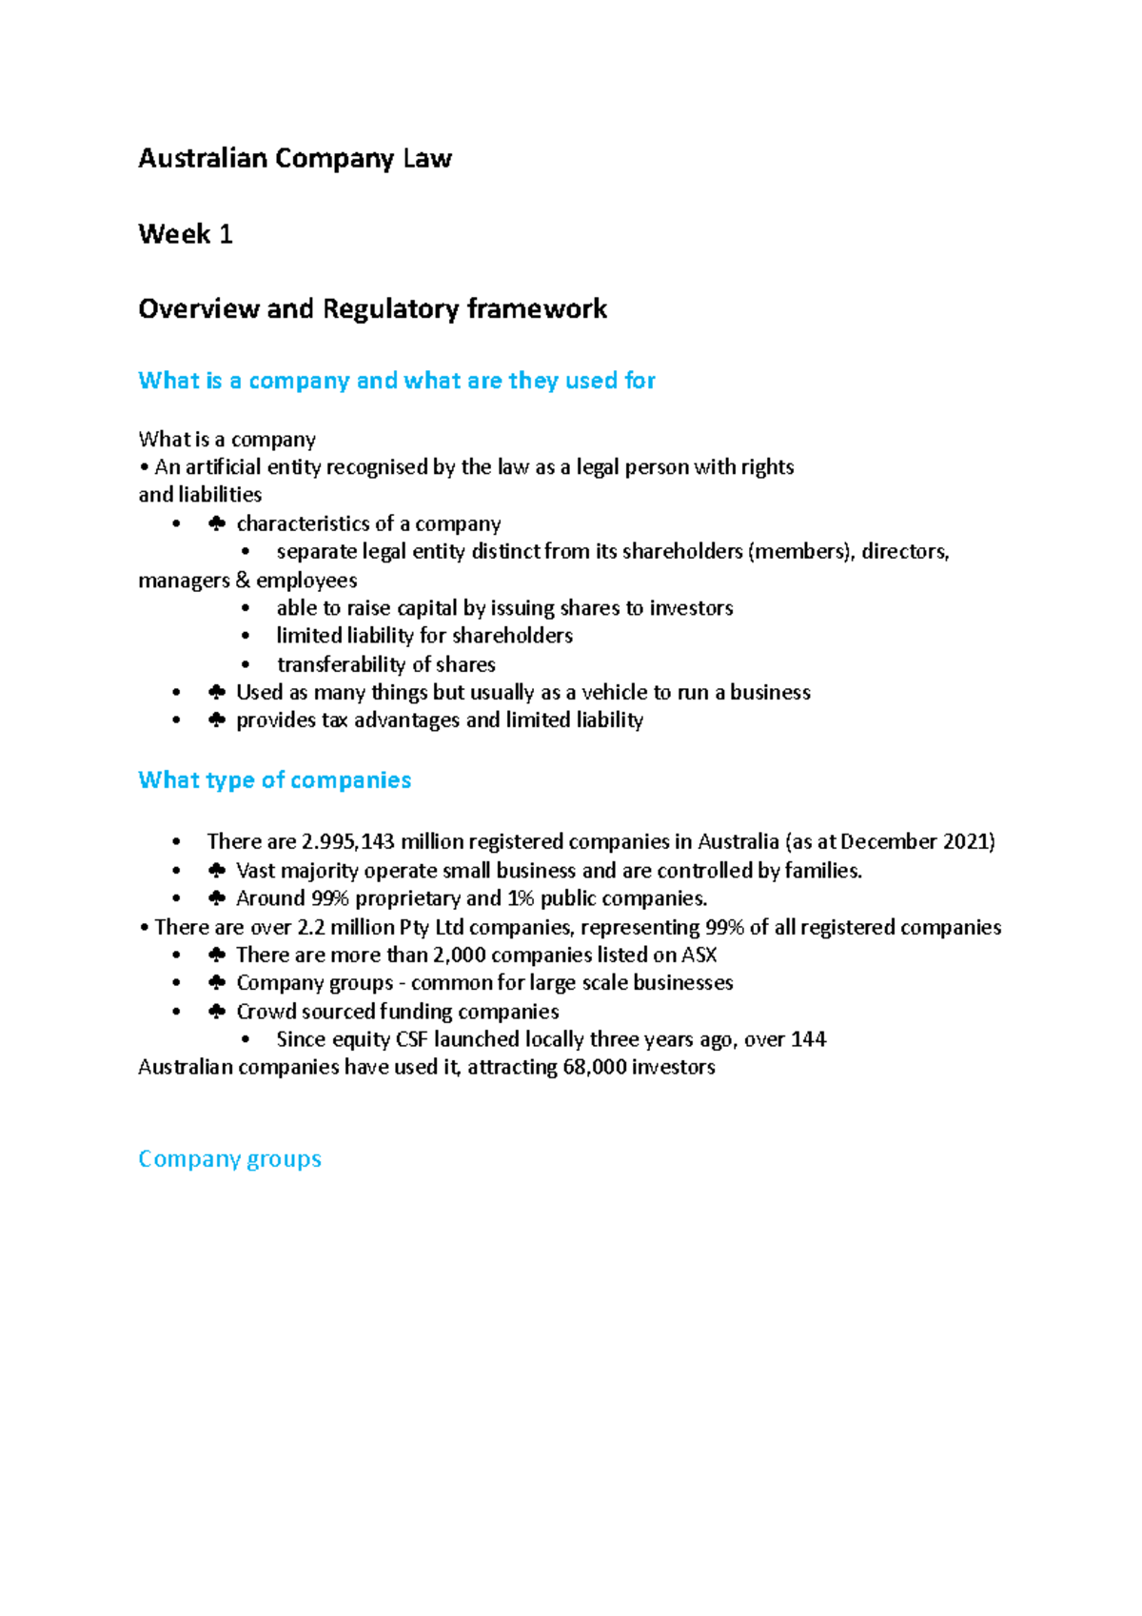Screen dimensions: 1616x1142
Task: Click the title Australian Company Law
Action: pos(294,158)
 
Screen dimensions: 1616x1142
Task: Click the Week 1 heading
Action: pos(186,234)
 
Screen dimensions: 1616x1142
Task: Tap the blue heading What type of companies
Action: pos(274,780)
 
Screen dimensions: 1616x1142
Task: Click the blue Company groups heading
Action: pos(229,1159)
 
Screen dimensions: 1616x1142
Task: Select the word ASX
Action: pos(699,956)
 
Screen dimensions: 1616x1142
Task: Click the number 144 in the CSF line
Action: pos(808,1039)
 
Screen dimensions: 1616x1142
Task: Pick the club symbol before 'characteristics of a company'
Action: pos(217,524)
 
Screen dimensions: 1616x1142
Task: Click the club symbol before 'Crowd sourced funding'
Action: pos(217,1012)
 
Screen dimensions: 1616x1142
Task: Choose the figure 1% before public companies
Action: pos(520,899)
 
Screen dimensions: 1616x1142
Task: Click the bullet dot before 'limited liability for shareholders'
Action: pos(246,636)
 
